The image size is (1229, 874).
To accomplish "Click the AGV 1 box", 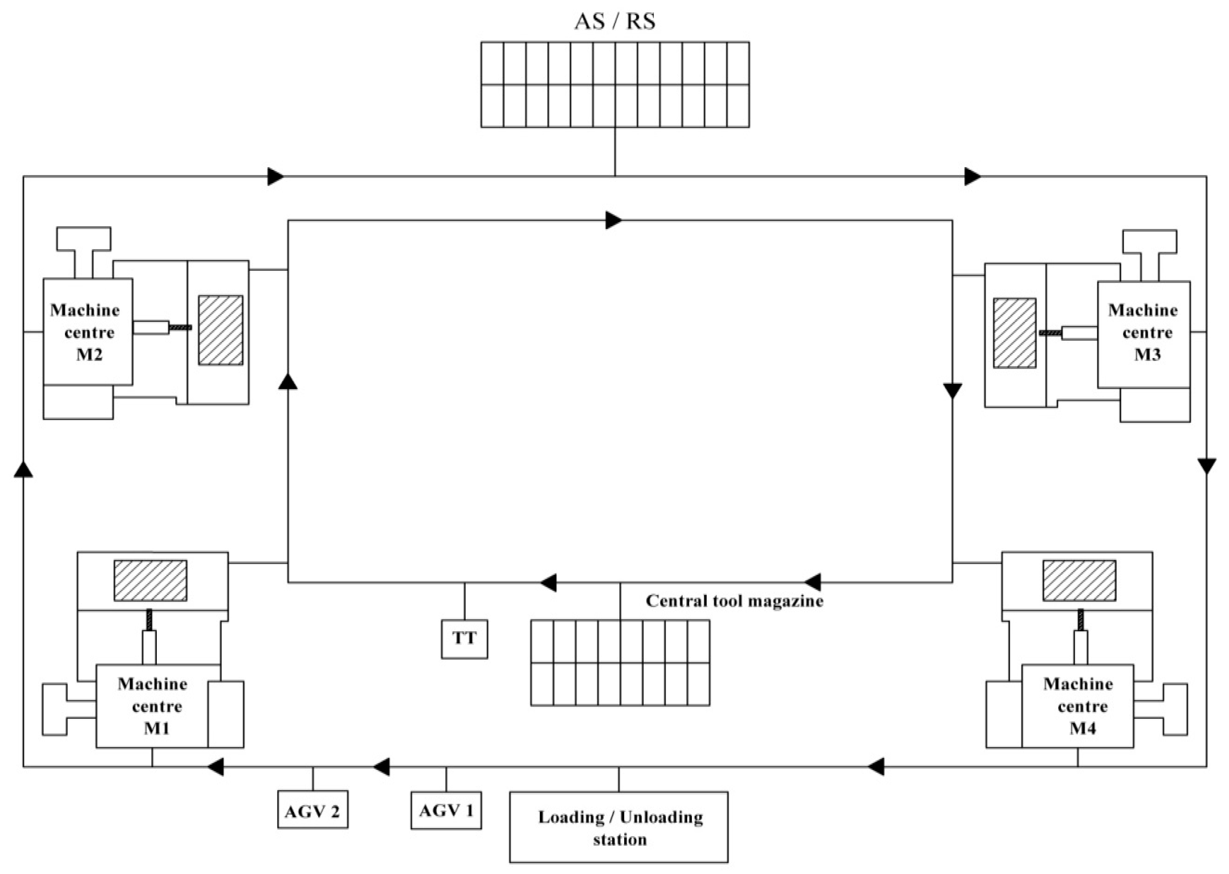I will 446,810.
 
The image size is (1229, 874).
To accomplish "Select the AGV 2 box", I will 313,810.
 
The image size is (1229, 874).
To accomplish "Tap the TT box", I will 464,639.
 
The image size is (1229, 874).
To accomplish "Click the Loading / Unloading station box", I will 619,827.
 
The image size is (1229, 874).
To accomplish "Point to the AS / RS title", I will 615,21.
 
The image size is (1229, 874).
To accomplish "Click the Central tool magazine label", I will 734,601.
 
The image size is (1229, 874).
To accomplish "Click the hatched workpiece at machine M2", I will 221,330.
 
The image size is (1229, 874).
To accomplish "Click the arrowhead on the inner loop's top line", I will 613,220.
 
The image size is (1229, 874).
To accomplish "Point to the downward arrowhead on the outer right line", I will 1207,465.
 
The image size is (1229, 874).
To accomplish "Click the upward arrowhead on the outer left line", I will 23,469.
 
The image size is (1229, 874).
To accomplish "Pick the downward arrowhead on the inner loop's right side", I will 953,391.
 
